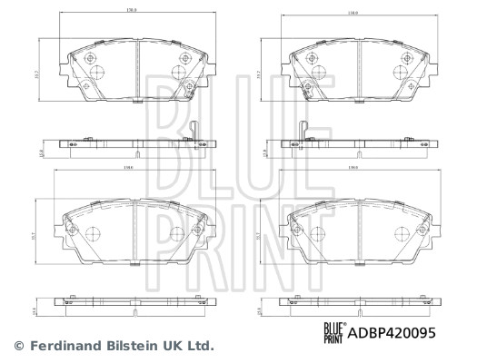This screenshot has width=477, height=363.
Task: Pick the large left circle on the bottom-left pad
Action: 92,235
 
